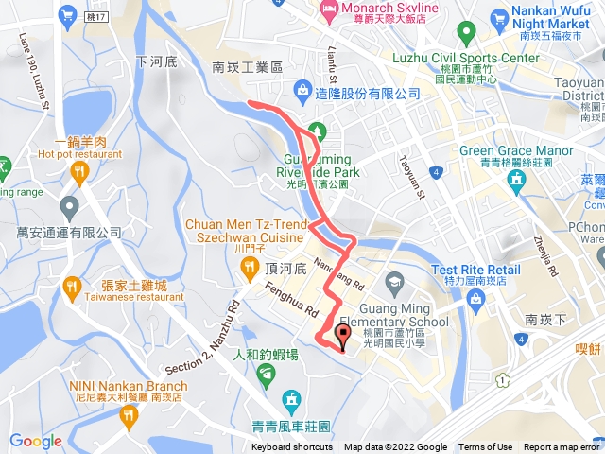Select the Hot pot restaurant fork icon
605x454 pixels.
click(78, 171)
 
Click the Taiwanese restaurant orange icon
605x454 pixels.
click(70, 285)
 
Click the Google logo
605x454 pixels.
click(35, 441)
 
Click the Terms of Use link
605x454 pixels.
click(486, 447)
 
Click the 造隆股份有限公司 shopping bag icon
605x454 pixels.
click(302, 92)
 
